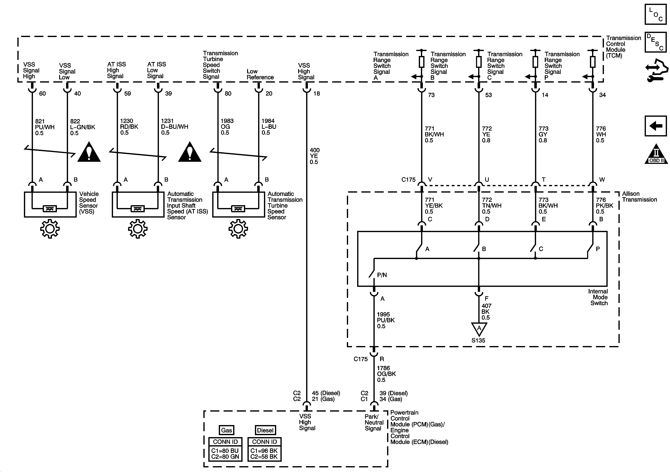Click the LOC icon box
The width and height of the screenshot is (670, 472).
tap(655, 14)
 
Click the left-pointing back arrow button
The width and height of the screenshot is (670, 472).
tap(655, 126)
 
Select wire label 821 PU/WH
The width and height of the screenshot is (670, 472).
tap(45, 127)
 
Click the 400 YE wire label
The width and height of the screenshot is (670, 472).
tap(315, 156)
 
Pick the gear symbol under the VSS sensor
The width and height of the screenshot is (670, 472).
tap(50, 229)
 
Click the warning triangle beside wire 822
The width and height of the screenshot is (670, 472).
tap(89, 152)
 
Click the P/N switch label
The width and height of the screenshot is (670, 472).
tap(382, 275)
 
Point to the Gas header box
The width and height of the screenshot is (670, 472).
tap(226, 430)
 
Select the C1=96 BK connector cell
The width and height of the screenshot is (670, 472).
tap(264, 451)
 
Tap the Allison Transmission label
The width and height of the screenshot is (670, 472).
tap(639, 197)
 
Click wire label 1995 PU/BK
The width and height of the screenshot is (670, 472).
tap(385, 320)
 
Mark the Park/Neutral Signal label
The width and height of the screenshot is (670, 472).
tap(374, 422)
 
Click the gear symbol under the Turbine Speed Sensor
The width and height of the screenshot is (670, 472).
tap(238, 229)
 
